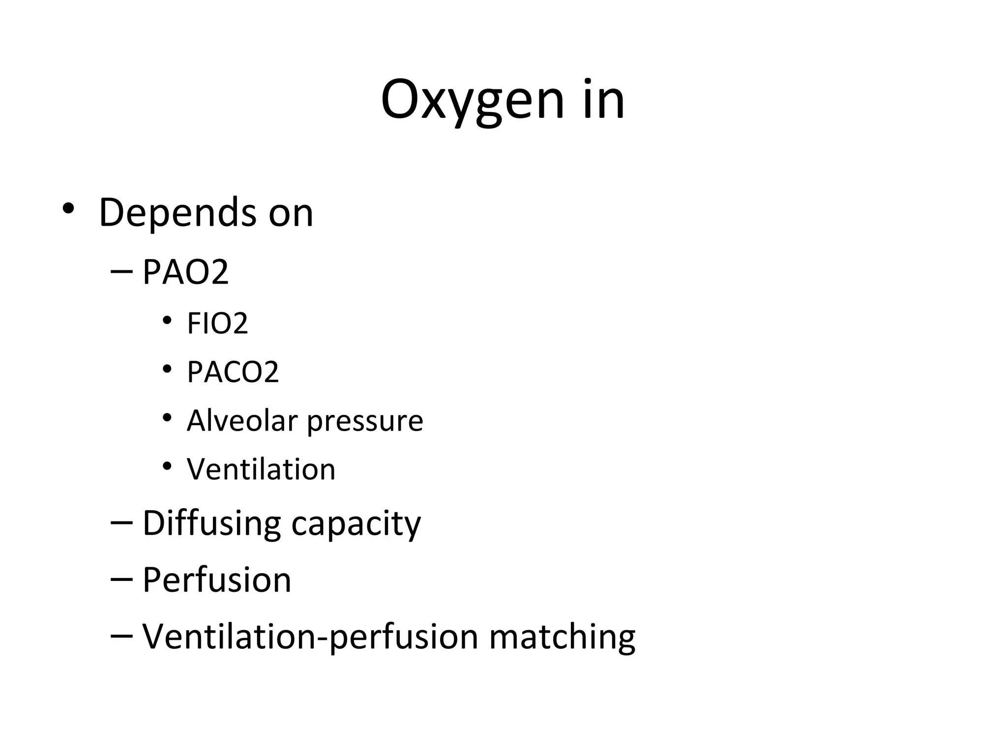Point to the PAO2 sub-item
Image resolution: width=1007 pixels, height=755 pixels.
(185, 272)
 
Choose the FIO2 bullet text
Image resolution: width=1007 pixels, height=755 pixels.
(217, 323)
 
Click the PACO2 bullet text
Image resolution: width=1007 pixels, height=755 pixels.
(233, 372)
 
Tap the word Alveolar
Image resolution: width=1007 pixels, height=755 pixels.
(242, 421)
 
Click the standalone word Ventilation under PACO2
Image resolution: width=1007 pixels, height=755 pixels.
(261, 469)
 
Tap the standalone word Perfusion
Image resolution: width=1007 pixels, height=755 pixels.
(217, 580)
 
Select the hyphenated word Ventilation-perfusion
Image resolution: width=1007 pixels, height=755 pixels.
(310, 637)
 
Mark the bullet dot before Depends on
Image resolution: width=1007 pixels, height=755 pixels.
(68, 209)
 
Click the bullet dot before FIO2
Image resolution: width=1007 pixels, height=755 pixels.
(167, 321)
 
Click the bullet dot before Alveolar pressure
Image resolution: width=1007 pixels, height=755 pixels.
(167, 418)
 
